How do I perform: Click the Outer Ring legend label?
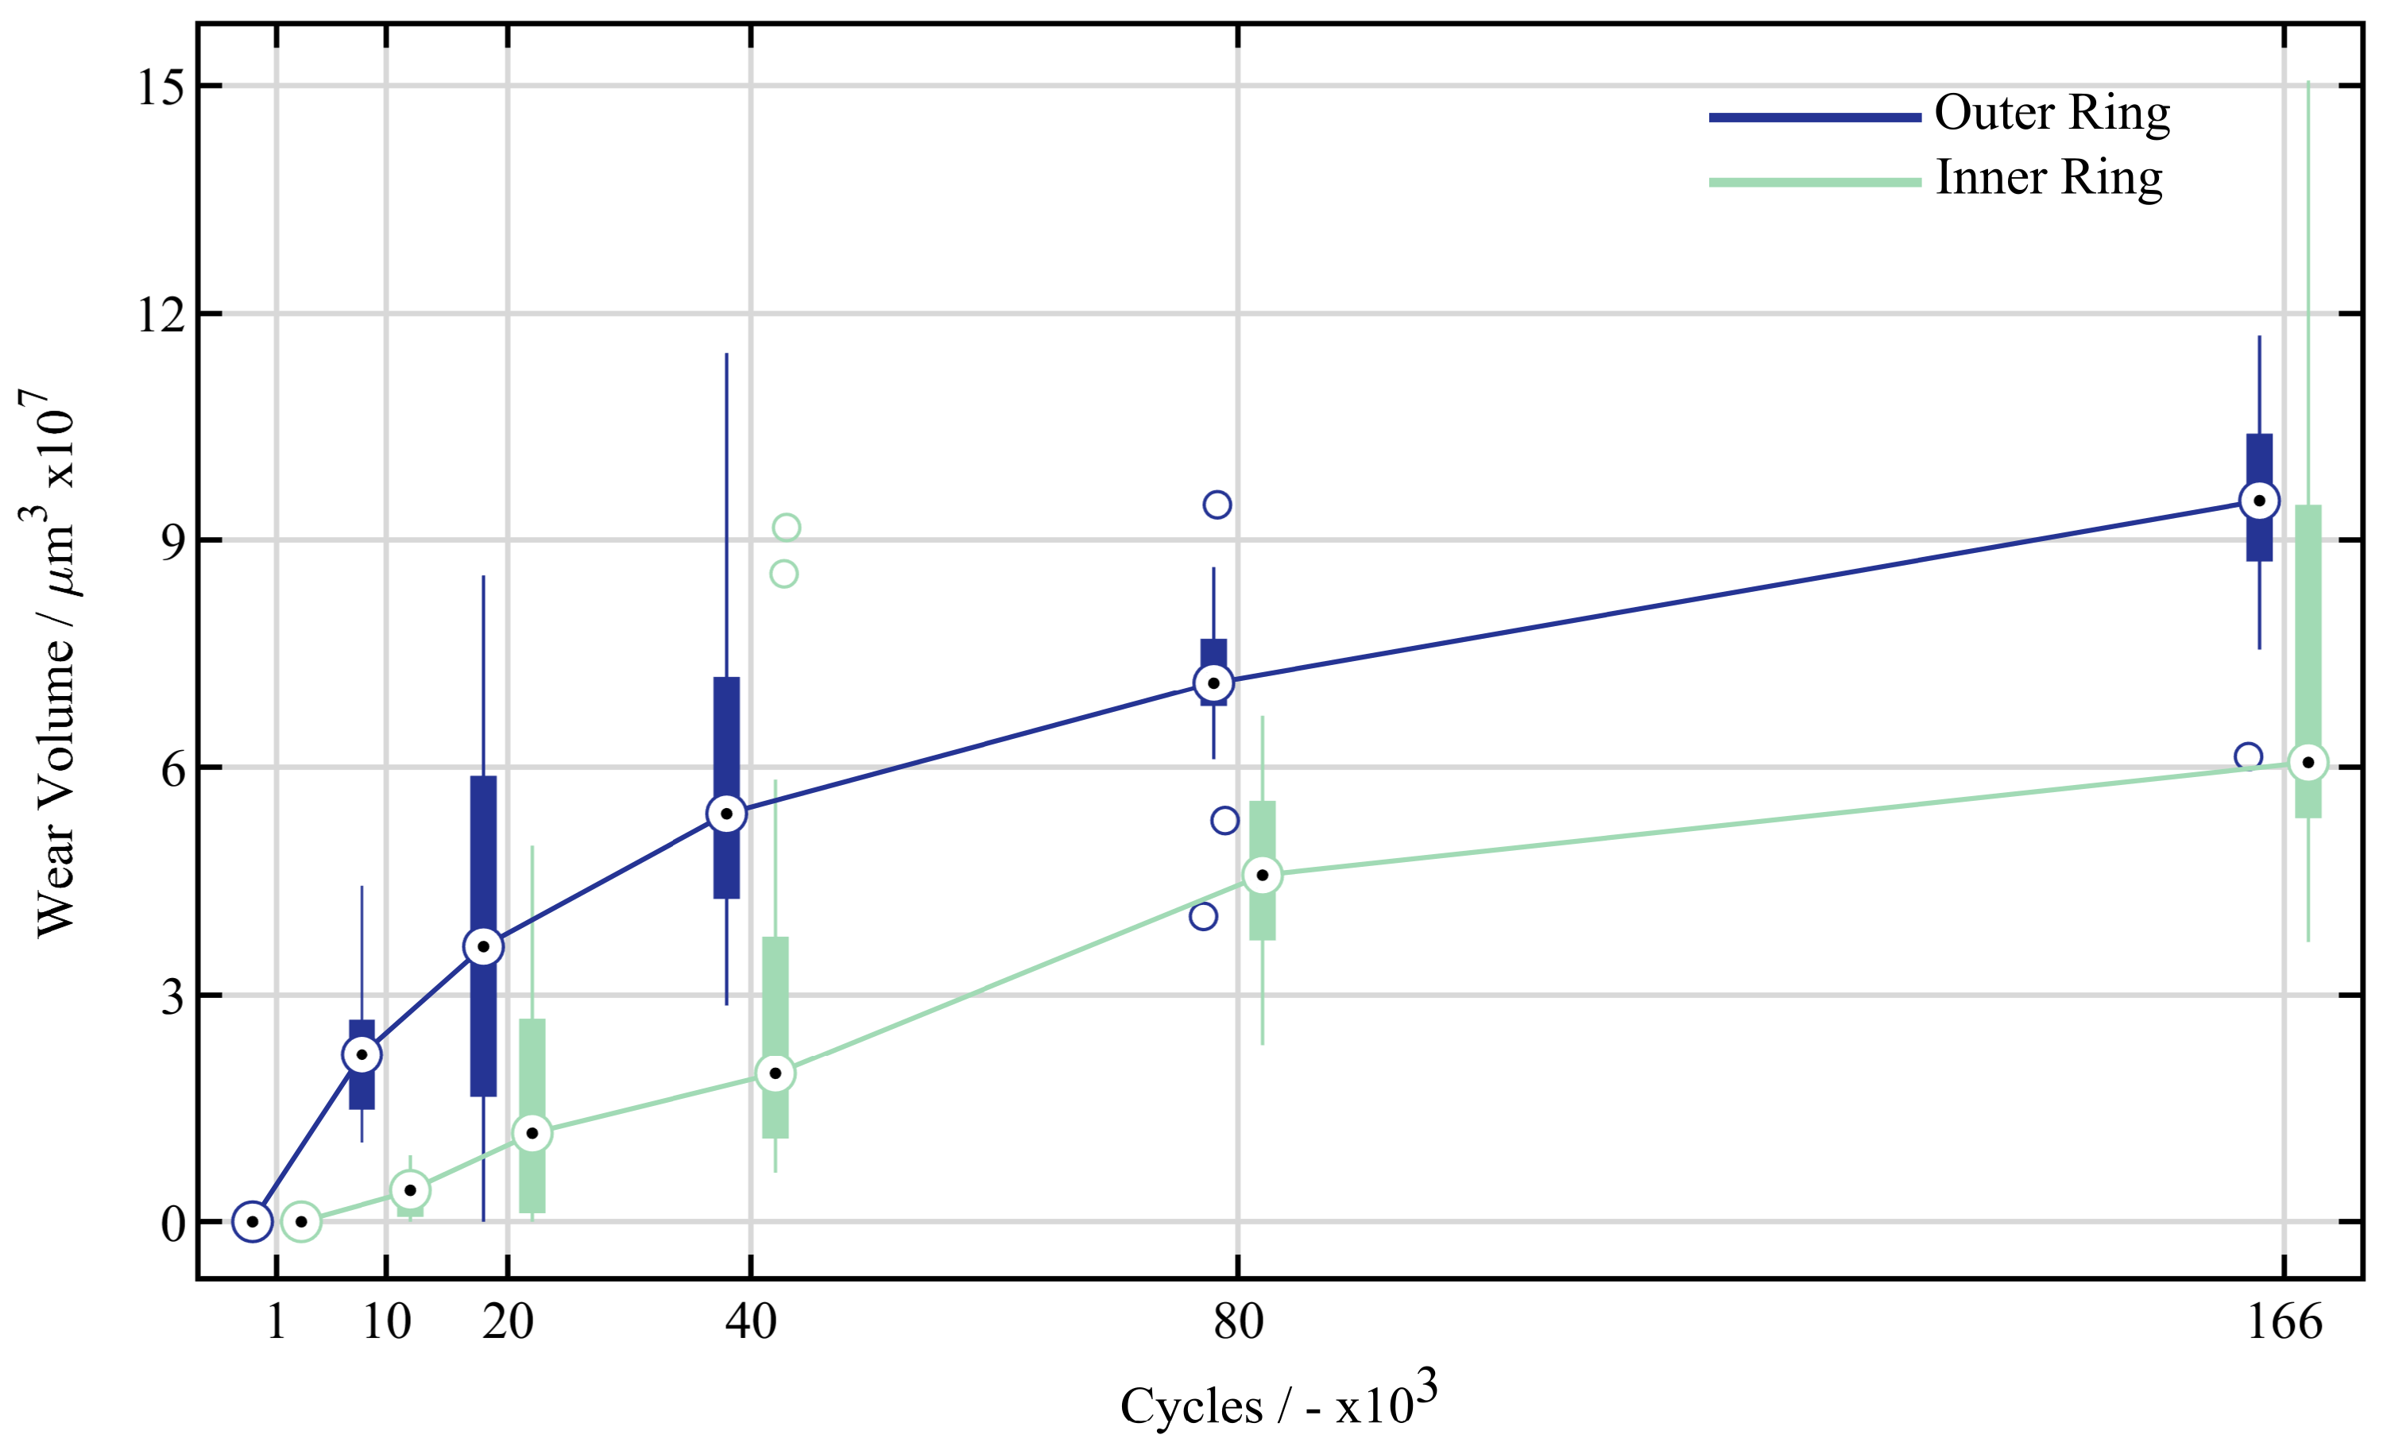point(2052,114)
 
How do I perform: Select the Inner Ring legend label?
point(2049,178)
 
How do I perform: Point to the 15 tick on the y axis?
point(160,87)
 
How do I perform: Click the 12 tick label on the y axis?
point(160,314)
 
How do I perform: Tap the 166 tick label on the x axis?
point(2284,1322)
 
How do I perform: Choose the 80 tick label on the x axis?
point(1238,1322)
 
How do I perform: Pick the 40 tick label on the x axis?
point(751,1322)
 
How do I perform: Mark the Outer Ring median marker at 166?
point(2259,501)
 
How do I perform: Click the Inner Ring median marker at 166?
point(2308,763)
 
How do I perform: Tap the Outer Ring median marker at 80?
point(1213,683)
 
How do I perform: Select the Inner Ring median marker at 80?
point(1261,876)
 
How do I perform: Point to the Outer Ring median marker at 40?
point(726,814)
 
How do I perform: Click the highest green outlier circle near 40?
point(786,528)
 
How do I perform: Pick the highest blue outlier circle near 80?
point(1217,505)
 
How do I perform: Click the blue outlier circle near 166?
point(2247,756)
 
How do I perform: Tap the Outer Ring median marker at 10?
point(362,1055)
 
